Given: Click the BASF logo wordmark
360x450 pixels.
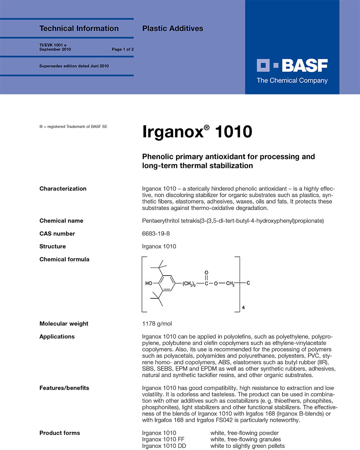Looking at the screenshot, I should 292,65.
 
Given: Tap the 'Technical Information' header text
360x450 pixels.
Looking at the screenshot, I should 79,28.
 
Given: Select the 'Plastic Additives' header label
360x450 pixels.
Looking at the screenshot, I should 172,28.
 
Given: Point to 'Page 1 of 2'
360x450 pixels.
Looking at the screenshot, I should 122,50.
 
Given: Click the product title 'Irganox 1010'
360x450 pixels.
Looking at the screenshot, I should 197,132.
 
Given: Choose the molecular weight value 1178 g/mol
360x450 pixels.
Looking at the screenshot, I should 157,324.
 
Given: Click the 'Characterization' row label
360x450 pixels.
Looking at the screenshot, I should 63,189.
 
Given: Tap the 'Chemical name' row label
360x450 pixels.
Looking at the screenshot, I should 61,221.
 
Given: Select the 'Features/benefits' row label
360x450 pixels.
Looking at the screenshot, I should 64,388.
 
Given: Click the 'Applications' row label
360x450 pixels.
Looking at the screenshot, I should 57,336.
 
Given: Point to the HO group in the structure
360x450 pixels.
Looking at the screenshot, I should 149,284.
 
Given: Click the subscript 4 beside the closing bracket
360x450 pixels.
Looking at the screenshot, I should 244,308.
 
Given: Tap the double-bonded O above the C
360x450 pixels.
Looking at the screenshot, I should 206,272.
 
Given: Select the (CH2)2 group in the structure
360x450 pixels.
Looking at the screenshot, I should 189,284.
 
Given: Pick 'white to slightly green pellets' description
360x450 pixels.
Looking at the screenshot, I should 248,446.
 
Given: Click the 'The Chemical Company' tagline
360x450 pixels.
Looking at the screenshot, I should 292,80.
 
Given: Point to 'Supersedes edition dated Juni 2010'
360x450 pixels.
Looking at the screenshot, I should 74,66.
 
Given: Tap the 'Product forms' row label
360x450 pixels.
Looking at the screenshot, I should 60,433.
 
